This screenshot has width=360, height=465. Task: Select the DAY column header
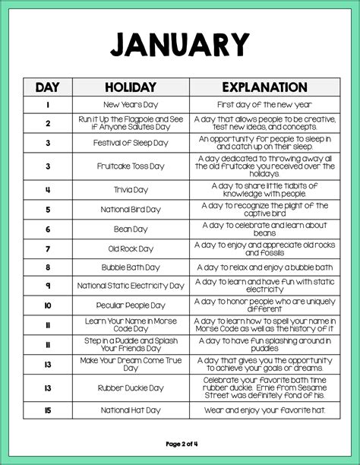(47, 87)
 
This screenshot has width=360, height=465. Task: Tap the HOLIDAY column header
(131, 87)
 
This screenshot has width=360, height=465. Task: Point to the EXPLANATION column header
(264, 87)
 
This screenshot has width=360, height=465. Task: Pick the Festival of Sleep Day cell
(131, 143)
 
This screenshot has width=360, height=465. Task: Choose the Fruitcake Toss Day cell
(131, 166)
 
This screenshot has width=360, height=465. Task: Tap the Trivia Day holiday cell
(131, 188)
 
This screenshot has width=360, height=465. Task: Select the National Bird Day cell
(131, 209)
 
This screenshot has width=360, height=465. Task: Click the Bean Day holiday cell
(131, 229)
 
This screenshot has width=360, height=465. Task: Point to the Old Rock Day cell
(131, 248)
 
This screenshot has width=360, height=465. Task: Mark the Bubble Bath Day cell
(131, 267)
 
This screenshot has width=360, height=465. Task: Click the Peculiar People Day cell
(131, 305)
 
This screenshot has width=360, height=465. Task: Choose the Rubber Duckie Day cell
(131, 387)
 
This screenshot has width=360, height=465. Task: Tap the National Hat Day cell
(131, 410)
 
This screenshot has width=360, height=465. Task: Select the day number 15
(47, 410)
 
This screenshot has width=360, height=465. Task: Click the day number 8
(47, 267)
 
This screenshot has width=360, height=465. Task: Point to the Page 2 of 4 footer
(179, 443)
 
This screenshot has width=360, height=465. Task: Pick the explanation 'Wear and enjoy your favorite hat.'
(264, 410)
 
